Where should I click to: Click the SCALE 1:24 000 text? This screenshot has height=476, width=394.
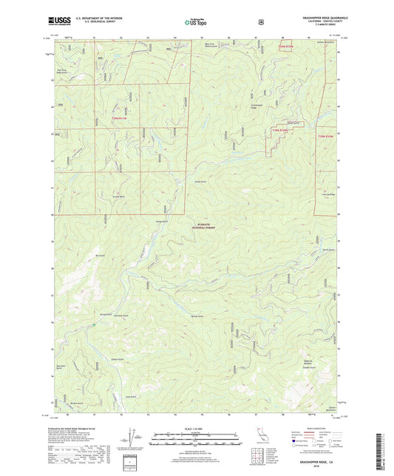pyautogui.click(x=196, y=429)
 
